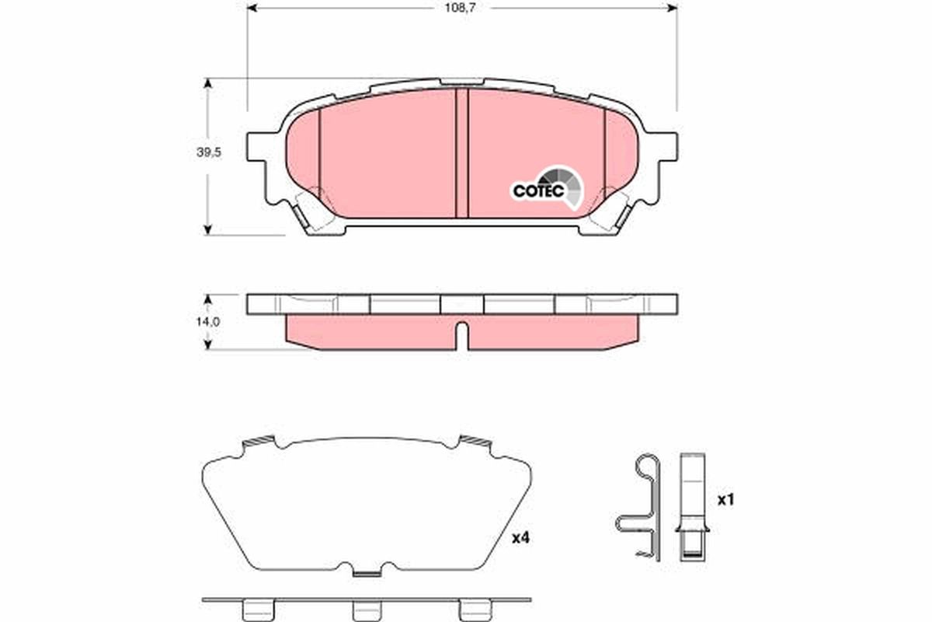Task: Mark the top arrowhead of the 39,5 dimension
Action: [x=207, y=82]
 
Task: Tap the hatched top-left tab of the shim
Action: [x=259, y=442]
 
